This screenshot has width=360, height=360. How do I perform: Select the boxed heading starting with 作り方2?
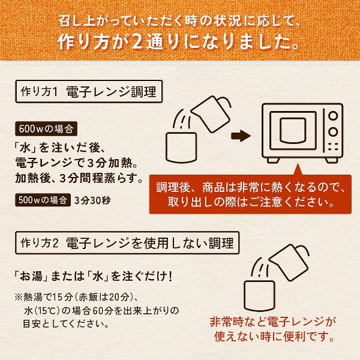point(125,243)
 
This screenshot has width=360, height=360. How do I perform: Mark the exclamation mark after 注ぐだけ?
point(173,278)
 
